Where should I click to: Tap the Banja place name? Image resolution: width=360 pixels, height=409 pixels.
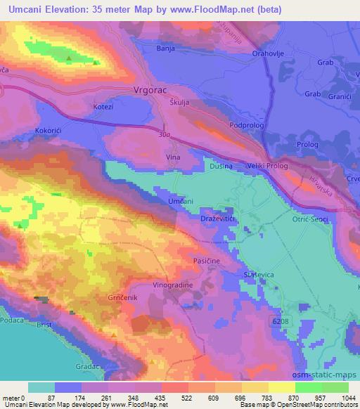tap(166, 49)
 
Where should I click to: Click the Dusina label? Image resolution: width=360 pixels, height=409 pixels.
tap(217, 167)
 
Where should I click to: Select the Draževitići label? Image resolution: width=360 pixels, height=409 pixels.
tap(219, 219)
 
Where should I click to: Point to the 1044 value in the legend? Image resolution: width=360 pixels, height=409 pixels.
tap(348, 398)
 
